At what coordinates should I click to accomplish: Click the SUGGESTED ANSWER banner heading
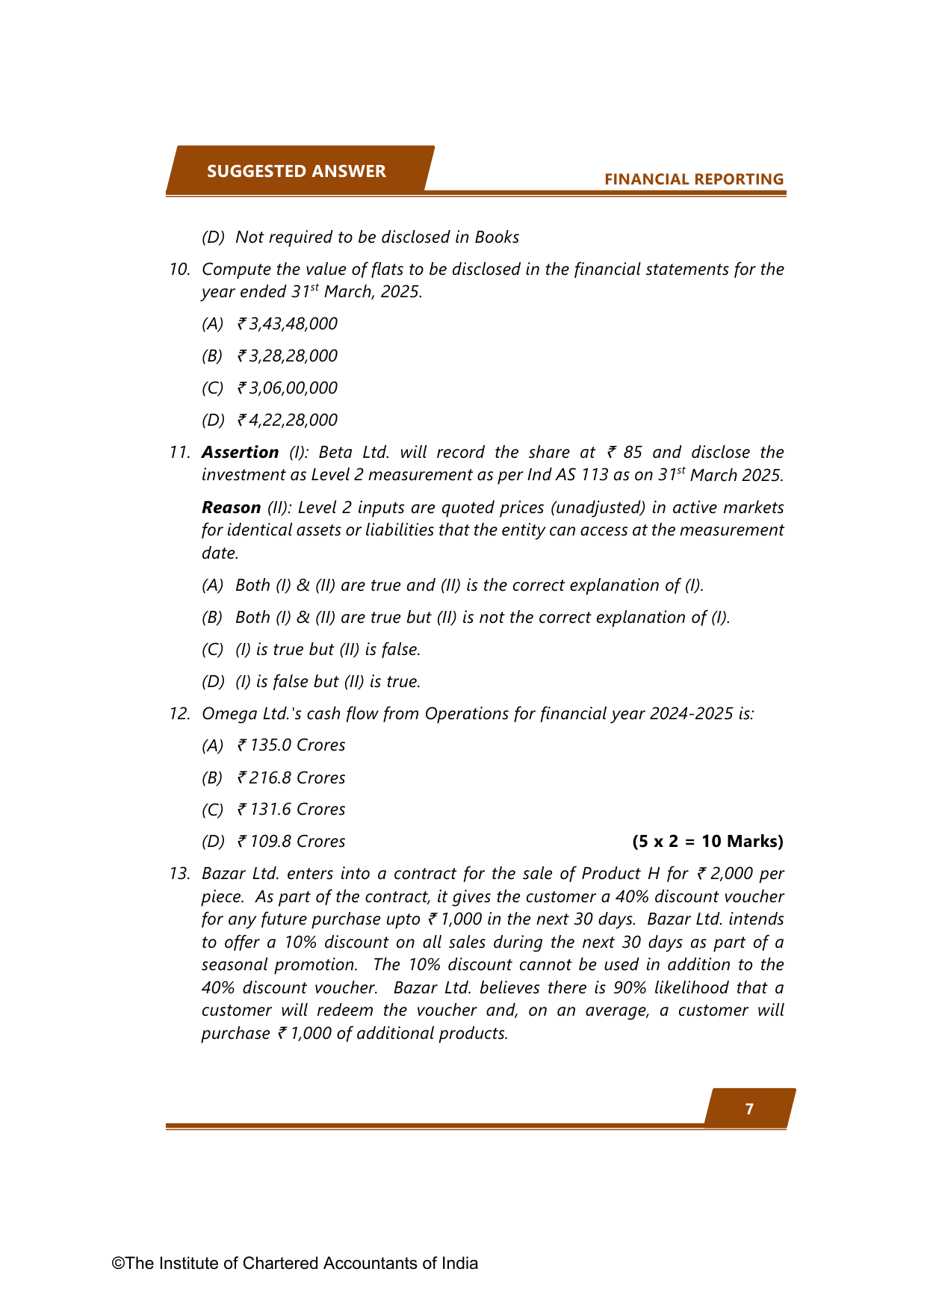point(296,171)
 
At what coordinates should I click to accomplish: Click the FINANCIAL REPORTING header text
point(693,179)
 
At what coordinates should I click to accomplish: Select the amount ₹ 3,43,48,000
point(288,323)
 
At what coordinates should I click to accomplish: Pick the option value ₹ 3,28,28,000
point(288,356)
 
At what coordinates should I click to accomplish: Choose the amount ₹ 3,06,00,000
point(288,388)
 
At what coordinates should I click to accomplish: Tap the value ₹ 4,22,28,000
point(288,420)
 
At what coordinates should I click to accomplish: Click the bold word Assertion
point(240,452)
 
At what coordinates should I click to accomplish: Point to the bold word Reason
point(231,507)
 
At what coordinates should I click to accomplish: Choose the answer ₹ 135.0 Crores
point(291,745)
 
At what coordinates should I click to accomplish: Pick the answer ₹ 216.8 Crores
point(291,777)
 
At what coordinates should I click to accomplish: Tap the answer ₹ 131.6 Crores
point(291,810)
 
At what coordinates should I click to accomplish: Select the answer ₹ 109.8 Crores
point(291,842)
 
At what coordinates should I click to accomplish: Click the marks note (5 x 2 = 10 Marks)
point(707,842)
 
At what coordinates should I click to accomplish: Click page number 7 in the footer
point(749,1109)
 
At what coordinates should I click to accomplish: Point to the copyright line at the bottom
point(295,1263)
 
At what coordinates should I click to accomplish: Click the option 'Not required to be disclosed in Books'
point(376,237)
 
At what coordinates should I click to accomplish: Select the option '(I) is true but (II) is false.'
point(327,649)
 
